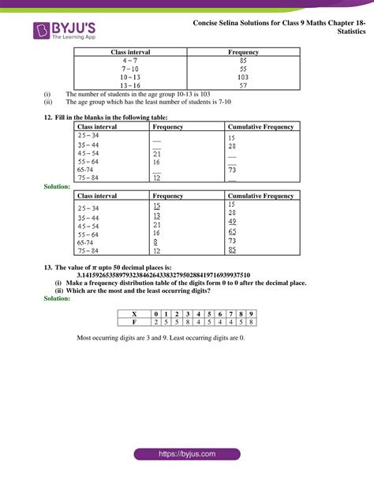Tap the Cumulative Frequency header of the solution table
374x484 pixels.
coord(260,195)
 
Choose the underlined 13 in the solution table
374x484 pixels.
coord(156,215)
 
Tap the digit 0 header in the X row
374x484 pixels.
coord(156,313)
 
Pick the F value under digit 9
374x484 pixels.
coord(251,322)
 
